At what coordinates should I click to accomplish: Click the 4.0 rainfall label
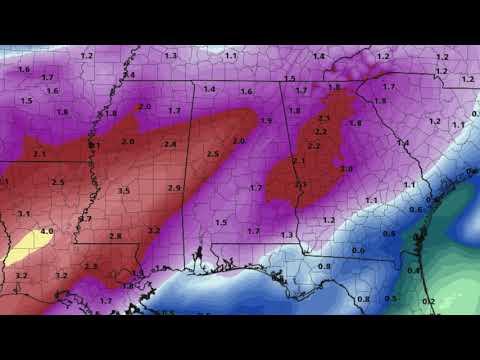46,232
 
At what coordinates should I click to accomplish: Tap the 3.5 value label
123,190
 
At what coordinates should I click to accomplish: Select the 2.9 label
175,188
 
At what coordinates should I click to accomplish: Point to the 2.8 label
115,236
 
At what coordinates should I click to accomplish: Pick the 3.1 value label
23,213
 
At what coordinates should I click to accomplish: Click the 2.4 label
170,145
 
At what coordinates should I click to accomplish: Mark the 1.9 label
266,121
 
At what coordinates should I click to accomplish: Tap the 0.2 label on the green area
428,300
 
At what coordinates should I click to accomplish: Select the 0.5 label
391,298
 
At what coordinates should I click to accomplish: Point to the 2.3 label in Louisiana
91,266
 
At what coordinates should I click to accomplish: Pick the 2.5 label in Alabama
212,154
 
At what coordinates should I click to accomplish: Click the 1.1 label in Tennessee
231,56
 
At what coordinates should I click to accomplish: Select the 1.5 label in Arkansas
26,100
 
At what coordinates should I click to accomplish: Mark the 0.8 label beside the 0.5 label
363,298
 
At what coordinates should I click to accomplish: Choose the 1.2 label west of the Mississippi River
87,56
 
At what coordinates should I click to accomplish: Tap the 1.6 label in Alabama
246,91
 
